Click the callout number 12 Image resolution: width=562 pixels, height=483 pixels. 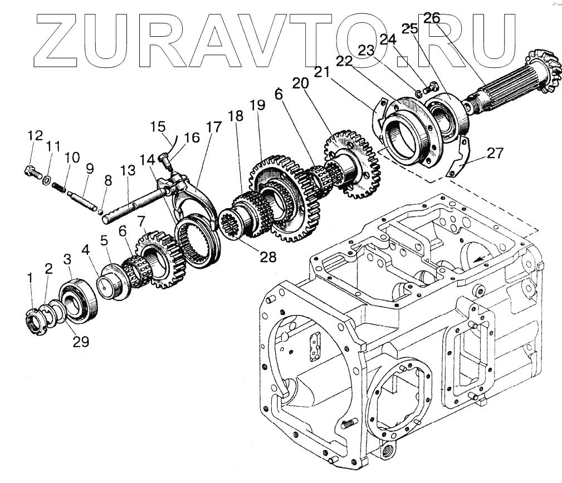[x=35, y=135]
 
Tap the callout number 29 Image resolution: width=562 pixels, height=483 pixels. [x=82, y=342]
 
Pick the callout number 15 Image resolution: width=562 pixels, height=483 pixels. [x=159, y=126]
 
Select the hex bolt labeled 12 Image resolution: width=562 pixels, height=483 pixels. [x=32, y=172]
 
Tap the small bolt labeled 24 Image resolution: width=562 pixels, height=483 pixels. [x=429, y=87]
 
